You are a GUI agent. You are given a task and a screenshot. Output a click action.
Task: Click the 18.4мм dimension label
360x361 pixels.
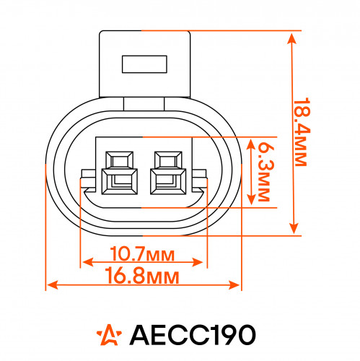300,132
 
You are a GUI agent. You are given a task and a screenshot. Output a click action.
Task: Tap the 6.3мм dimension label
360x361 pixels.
265,171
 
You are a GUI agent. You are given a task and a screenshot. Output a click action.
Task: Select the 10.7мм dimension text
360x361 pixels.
142,254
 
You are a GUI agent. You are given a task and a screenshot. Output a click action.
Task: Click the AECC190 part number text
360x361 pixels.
193,335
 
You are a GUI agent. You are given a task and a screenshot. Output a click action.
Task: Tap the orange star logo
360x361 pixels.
109,335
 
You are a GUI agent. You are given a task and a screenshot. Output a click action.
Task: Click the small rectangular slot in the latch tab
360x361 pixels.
144,64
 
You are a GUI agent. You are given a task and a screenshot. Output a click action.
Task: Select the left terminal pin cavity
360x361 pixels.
120,173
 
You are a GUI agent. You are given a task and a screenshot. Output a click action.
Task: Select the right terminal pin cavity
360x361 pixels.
168,173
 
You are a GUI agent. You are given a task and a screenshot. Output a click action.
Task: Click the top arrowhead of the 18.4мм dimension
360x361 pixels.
291,39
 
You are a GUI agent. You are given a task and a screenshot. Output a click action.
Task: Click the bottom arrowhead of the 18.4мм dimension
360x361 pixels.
294,228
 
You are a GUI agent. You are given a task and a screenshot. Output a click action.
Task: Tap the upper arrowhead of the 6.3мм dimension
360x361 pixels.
251,144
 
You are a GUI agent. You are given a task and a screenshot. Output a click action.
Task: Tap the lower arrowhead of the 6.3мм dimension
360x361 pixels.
251,200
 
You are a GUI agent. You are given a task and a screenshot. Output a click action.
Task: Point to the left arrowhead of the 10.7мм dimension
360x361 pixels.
88,262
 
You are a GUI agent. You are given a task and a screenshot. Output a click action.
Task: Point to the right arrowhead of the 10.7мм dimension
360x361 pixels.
198,262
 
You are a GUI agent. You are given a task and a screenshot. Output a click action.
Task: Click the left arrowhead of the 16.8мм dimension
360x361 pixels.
53,285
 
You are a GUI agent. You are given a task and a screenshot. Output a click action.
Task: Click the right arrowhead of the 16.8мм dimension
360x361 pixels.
234,285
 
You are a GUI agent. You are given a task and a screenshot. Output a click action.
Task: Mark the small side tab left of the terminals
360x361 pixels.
89,178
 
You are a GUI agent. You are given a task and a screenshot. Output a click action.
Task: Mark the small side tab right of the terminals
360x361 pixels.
199,178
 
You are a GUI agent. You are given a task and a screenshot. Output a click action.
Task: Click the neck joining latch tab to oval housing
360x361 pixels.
144,104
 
